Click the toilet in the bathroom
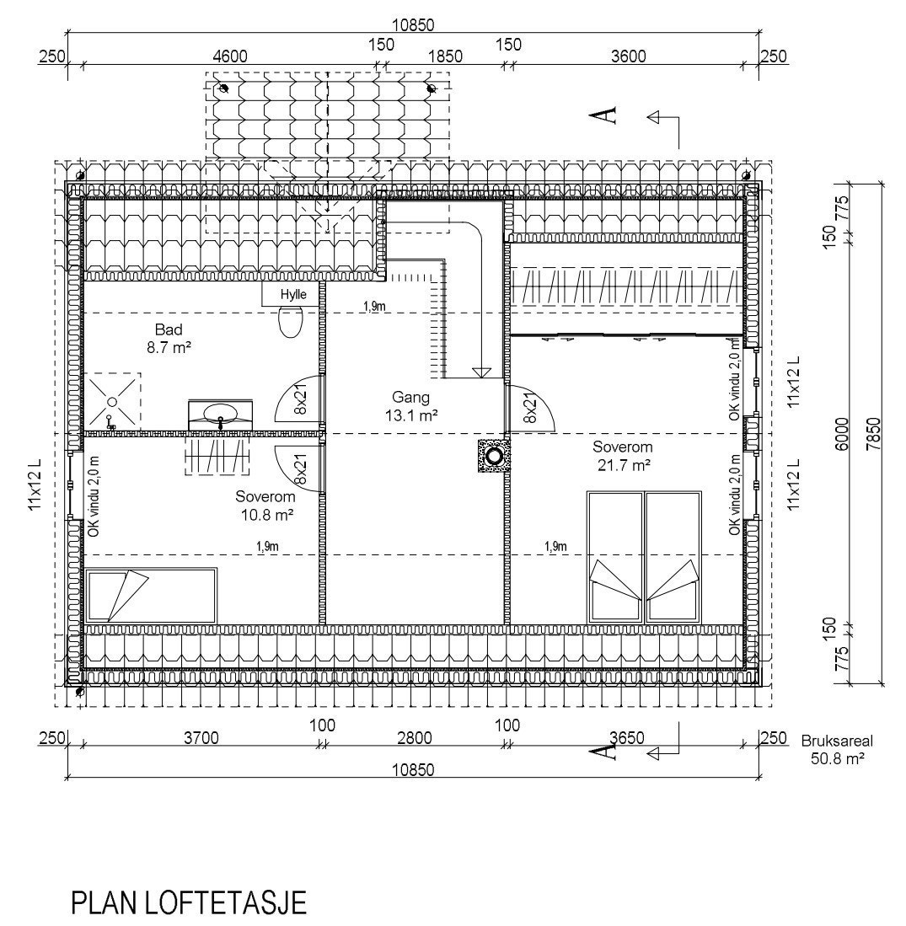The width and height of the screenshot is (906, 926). [290, 321]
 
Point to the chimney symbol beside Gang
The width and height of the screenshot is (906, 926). [493, 456]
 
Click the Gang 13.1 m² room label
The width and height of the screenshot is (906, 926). [411, 405]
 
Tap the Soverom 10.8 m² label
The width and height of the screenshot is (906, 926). [265, 504]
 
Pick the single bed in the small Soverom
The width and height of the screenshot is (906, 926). [150, 595]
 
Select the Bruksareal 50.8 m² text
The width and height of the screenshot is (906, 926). [836, 750]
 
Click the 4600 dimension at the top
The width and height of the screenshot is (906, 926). [230, 56]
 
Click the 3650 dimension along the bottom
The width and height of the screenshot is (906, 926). [627, 738]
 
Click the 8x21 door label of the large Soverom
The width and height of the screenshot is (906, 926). [529, 406]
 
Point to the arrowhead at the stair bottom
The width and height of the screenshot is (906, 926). [482, 372]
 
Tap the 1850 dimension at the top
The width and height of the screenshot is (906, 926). [446, 56]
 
